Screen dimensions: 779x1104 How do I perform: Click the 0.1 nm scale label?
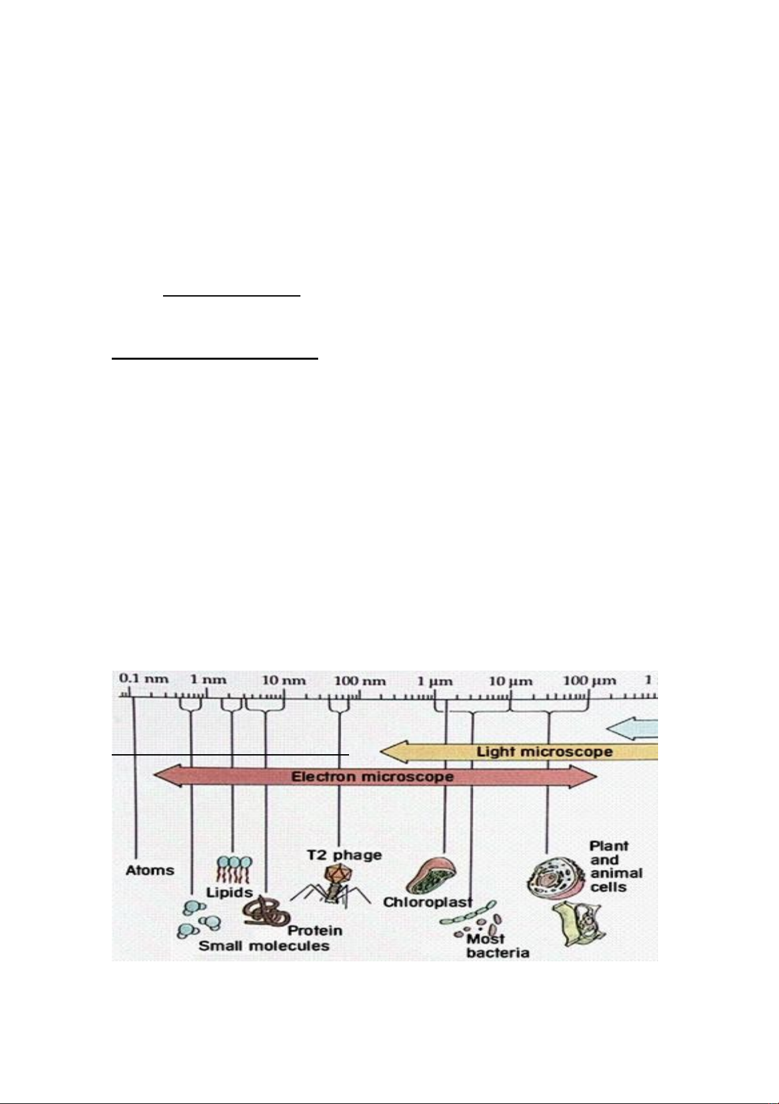point(143,679)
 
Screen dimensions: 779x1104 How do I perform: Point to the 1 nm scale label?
point(208,680)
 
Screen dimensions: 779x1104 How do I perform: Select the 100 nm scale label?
point(360,681)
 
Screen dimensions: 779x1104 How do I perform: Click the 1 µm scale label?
point(435,682)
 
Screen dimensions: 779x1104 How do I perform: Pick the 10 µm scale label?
point(511,682)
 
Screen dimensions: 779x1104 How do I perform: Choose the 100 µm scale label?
point(589,681)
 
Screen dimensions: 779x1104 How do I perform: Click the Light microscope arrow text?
point(544,752)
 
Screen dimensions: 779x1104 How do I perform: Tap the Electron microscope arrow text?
point(373,777)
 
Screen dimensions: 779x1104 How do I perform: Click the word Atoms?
point(150,871)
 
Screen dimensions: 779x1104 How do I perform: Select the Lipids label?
point(229,892)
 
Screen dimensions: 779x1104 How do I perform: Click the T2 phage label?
point(344,855)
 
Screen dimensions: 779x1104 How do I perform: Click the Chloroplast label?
point(428,902)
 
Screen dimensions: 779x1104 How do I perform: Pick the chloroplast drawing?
point(434,876)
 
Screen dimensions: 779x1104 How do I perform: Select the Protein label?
point(314,930)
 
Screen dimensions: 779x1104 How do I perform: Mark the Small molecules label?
point(264,946)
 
